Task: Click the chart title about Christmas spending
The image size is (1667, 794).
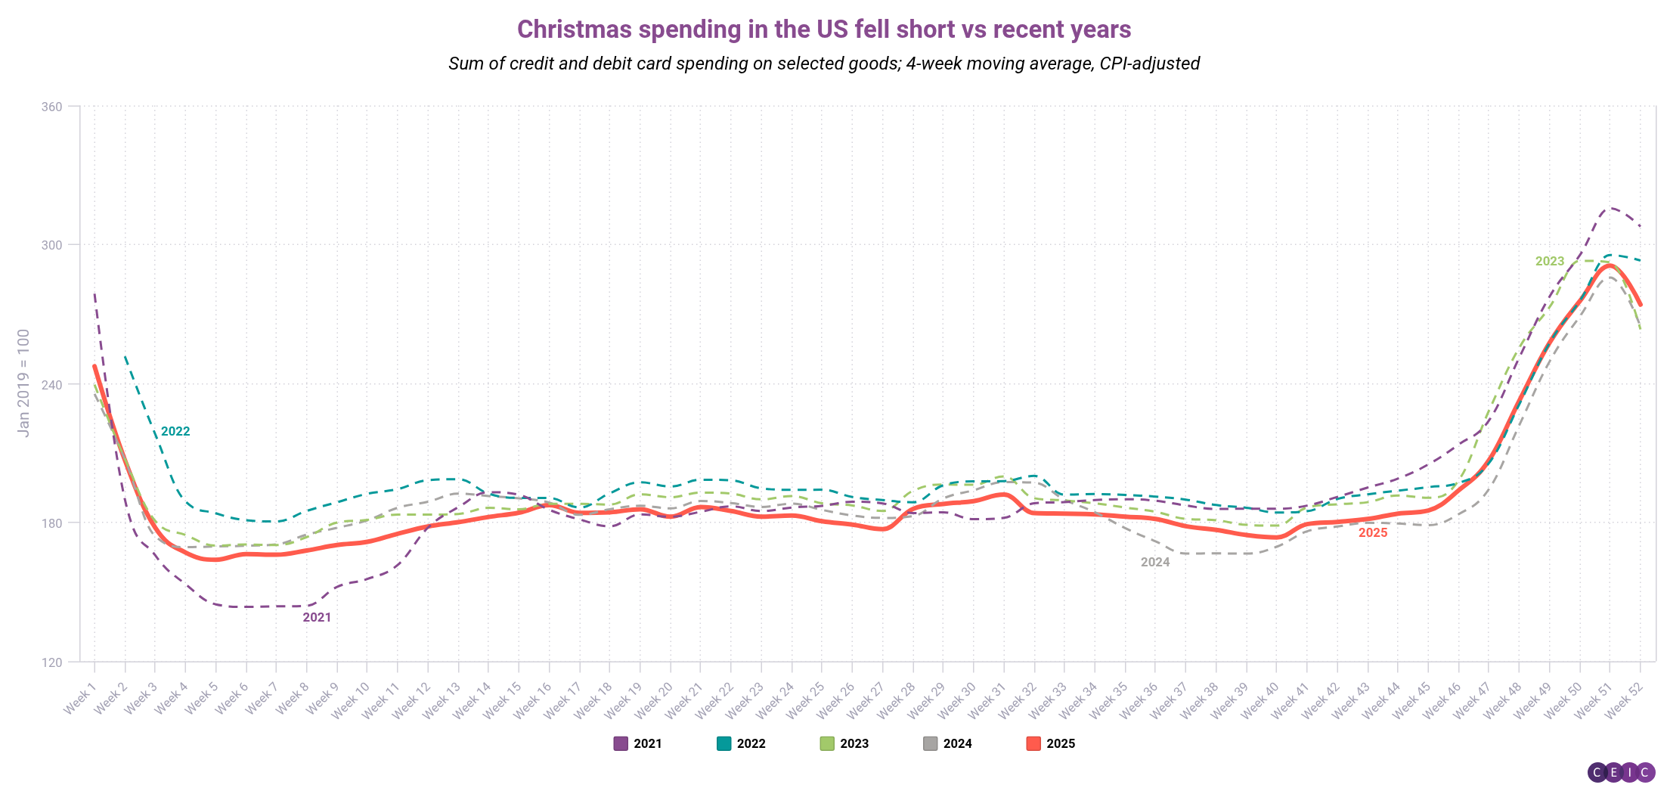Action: click(x=824, y=29)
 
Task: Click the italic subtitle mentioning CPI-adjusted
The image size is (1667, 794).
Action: click(x=824, y=64)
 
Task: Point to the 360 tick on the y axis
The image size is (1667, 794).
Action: click(x=51, y=107)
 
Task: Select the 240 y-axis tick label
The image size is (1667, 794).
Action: click(x=51, y=384)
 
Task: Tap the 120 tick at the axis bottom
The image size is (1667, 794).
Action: click(x=51, y=662)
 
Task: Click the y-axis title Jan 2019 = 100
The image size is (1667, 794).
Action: click(x=23, y=383)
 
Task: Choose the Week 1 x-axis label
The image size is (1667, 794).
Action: click(x=80, y=697)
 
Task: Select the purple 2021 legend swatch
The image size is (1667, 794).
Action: click(x=621, y=743)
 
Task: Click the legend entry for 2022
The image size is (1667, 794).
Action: click(x=741, y=743)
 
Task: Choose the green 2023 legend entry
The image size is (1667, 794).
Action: click(x=844, y=743)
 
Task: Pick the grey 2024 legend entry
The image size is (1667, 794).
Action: click(x=947, y=743)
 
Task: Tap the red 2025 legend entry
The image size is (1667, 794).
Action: click(x=1051, y=743)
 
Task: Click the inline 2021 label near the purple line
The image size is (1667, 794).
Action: click(x=317, y=617)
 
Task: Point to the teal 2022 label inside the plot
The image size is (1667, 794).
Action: click(x=175, y=431)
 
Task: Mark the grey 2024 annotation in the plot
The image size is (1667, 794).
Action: click(x=1154, y=562)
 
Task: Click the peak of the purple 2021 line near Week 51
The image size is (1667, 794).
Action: click(x=1610, y=208)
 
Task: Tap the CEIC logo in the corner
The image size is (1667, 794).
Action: click(x=1621, y=772)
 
